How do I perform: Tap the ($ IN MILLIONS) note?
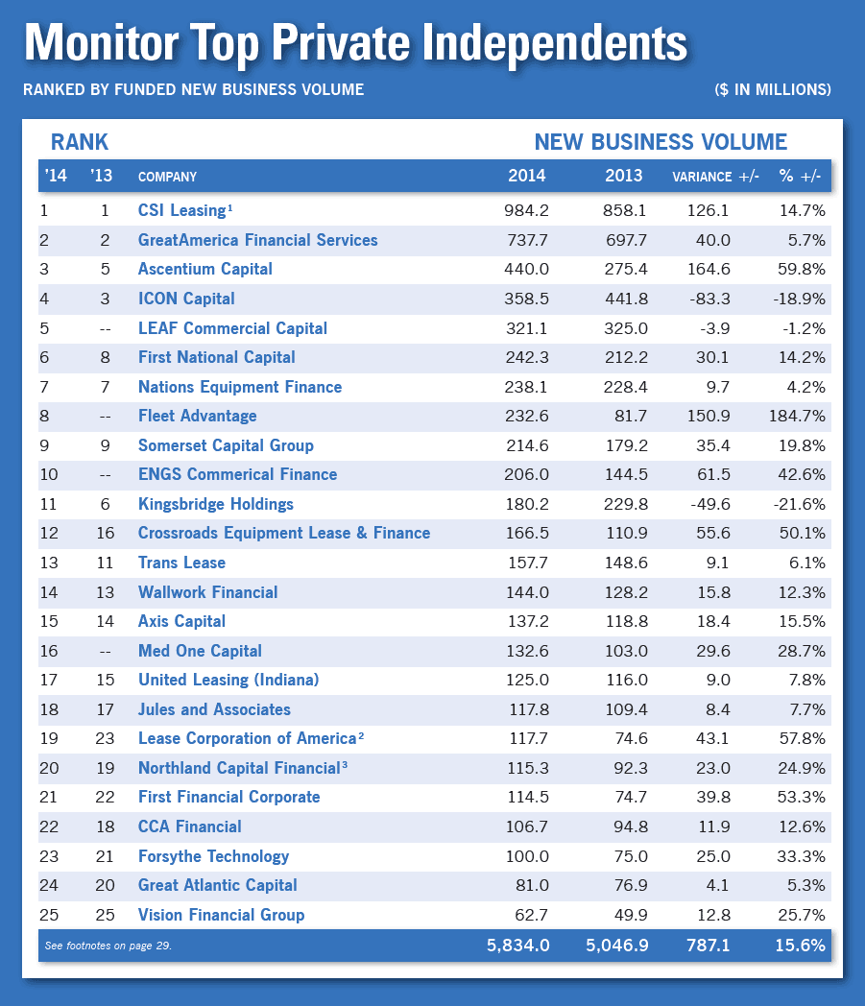click(x=772, y=89)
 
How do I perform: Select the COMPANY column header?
click(x=167, y=177)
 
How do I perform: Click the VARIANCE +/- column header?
click(x=715, y=177)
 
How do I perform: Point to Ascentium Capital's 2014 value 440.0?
click(x=525, y=269)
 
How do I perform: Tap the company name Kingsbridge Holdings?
click(x=216, y=504)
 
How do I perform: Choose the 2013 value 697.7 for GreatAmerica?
click(x=623, y=240)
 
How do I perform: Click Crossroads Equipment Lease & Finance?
click(x=284, y=533)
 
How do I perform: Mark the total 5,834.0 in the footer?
click(x=517, y=946)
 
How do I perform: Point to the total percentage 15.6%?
click(x=800, y=946)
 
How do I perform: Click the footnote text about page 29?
click(x=108, y=946)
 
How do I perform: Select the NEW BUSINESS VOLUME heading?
click(x=661, y=142)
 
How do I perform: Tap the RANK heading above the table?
click(x=80, y=142)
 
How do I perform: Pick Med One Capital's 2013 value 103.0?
click(x=623, y=651)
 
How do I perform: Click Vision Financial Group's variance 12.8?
click(x=710, y=915)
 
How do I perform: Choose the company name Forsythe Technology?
click(x=213, y=856)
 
